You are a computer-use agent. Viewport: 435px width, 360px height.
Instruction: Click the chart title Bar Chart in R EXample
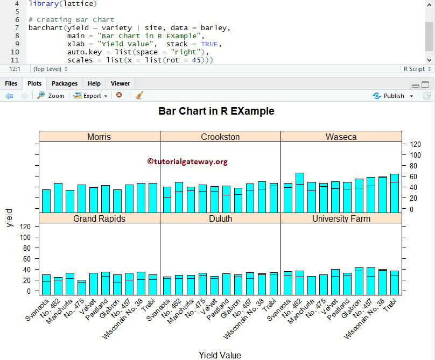click(216, 111)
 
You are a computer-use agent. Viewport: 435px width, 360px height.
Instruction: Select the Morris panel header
click(99, 137)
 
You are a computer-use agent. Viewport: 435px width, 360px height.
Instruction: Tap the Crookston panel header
click(220, 137)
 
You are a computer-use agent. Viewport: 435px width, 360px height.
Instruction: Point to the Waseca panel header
click(341, 137)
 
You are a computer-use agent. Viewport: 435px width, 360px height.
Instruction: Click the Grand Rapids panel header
click(99, 218)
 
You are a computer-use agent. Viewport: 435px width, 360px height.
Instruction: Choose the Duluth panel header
click(220, 218)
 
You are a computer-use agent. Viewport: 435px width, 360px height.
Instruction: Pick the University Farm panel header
click(341, 218)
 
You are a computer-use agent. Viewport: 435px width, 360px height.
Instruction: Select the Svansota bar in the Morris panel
click(46, 201)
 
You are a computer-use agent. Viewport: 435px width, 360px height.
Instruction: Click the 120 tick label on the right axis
click(415, 144)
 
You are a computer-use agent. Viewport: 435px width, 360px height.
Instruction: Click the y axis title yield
click(9, 218)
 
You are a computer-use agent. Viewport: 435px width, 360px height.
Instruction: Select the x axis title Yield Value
click(220, 355)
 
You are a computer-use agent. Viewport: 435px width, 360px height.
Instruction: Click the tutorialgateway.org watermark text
click(187, 161)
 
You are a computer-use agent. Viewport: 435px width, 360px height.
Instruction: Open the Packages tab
click(65, 83)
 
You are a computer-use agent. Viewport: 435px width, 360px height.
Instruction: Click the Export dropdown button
click(90, 96)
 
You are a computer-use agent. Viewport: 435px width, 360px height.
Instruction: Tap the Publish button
click(393, 96)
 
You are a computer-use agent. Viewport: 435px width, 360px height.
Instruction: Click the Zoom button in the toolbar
click(51, 96)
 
